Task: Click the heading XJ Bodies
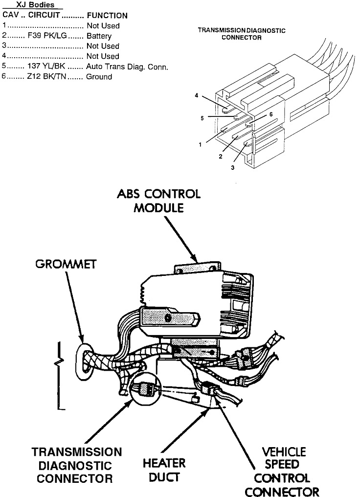click(33, 5)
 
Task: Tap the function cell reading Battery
click(99, 36)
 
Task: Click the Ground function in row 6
click(99, 77)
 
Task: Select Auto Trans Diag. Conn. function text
click(127, 67)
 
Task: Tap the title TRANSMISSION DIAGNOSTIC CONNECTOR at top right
click(241, 34)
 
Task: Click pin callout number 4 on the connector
click(196, 96)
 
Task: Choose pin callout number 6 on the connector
click(270, 114)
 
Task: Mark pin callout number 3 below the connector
click(232, 167)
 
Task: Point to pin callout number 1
click(200, 145)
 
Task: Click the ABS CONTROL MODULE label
click(158, 200)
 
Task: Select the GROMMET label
click(66, 265)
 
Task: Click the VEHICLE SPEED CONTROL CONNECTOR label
click(284, 471)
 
